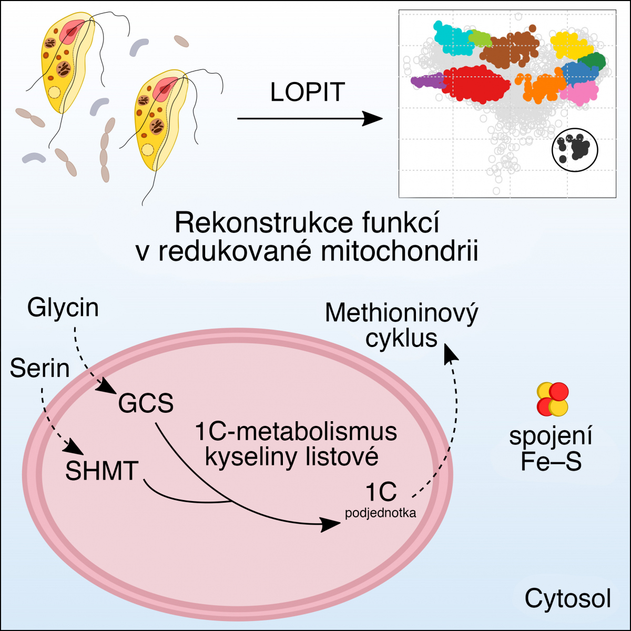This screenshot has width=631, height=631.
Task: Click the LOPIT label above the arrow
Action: pyautogui.click(x=308, y=93)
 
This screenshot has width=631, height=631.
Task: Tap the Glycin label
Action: pyautogui.click(x=63, y=308)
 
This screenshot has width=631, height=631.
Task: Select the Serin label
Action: pyautogui.click(x=40, y=368)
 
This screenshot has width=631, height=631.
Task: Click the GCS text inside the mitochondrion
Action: pyautogui.click(x=146, y=404)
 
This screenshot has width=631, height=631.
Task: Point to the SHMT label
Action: pyautogui.click(x=101, y=471)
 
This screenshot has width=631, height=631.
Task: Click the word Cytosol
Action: pyautogui.click(x=568, y=598)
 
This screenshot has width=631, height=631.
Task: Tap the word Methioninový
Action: pyautogui.click(x=402, y=314)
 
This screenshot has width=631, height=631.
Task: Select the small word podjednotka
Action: pyautogui.click(x=381, y=513)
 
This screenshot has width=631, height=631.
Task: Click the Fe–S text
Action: pyautogui.click(x=551, y=462)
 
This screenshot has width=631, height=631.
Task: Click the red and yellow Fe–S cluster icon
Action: pyautogui.click(x=553, y=399)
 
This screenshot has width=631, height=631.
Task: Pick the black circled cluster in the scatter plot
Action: pyautogui.click(x=575, y=149)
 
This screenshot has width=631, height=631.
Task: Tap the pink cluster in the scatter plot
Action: pyautogui.click(x=579, y=93)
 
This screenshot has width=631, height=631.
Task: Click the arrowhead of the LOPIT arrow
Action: pyautogui.click(x=374, y=119)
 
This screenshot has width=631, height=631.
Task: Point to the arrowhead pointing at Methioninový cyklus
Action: pyautogui.click(x=451, y=351)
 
